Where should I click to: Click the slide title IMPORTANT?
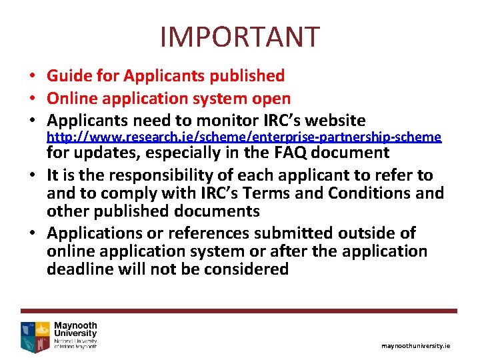(240, 37)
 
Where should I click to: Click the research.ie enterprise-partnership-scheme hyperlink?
(244, 137)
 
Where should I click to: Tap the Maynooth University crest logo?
(35, 335)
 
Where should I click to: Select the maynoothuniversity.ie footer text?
(415, 346)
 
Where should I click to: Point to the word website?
(333, 121)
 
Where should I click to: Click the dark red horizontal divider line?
(239, 311)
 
